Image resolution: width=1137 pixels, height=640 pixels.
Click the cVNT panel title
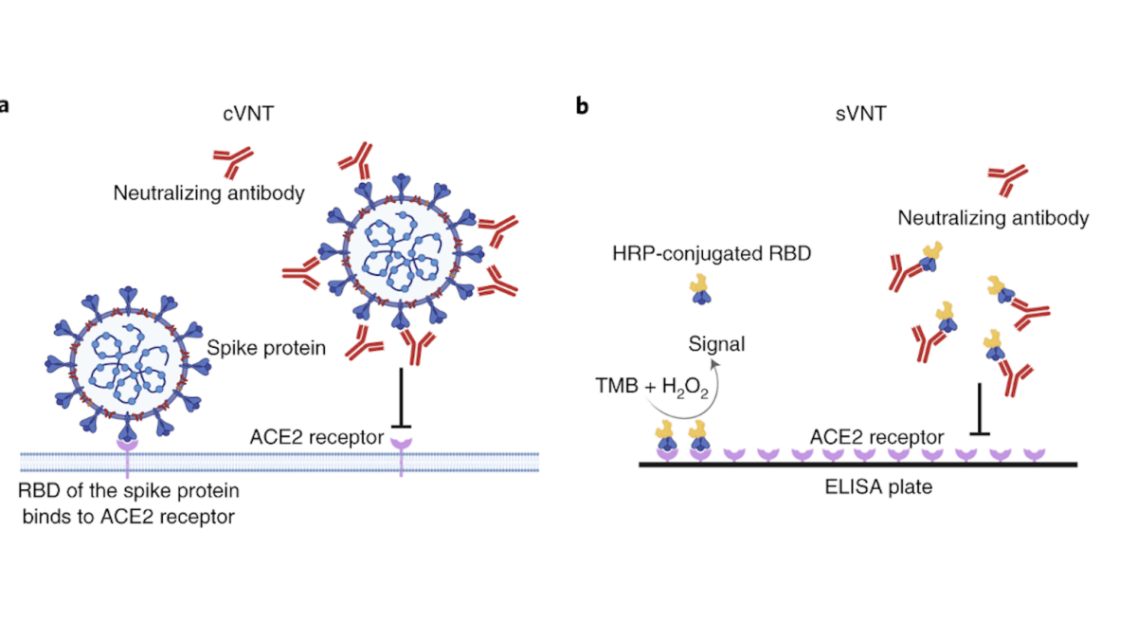248,113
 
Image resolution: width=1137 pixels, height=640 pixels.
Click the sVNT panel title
861,113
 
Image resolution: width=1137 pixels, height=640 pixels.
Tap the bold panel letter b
582,105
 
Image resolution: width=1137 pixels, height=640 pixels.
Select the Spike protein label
266,348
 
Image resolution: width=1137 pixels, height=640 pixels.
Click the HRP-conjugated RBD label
712,253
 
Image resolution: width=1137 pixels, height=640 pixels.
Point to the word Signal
716,344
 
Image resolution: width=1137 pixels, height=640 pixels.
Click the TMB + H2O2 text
652,387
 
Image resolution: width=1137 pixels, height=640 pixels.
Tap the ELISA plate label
878,486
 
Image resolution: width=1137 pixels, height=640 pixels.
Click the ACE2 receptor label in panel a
316,437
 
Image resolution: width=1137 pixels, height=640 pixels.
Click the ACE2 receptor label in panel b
876,437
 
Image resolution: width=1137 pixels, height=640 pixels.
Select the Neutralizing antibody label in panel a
208,193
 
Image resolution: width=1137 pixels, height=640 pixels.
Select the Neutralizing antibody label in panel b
993,218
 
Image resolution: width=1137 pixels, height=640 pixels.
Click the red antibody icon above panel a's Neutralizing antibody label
233,162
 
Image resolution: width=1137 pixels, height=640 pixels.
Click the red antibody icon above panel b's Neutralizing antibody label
1007,180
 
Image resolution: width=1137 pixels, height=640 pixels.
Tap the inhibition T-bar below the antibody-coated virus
401,398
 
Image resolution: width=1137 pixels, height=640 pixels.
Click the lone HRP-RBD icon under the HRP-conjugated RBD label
700,289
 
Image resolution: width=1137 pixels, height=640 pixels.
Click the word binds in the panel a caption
45,517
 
